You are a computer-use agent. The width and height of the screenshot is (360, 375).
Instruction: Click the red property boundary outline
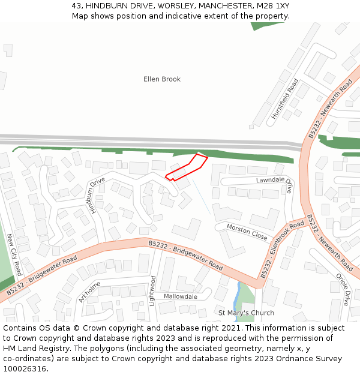187,167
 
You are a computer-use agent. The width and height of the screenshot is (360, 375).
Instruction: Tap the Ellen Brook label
161,79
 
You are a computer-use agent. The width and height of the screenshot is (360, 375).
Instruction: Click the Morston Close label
247,231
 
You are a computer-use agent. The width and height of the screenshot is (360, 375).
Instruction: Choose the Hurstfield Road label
284,98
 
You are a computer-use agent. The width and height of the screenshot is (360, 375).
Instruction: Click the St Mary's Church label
246,313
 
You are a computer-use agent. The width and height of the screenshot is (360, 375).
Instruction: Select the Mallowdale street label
181,296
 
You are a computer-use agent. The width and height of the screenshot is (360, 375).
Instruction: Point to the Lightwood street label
153,290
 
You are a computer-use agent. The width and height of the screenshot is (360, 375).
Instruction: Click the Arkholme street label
89,292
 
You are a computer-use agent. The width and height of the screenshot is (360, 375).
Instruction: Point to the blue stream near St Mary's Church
238,294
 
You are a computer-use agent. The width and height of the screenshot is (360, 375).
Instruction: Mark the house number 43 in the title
76,5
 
